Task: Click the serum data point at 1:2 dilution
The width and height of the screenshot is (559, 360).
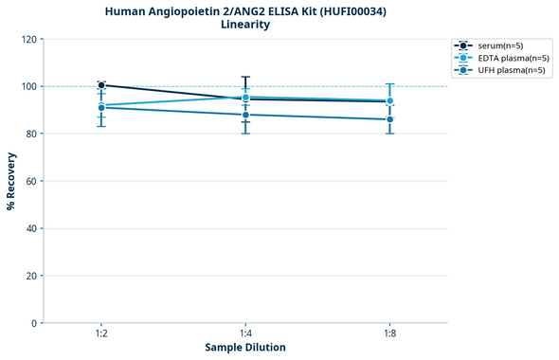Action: (x=101, y=85)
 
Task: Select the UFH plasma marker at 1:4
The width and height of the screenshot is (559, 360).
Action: (x=245, y=115)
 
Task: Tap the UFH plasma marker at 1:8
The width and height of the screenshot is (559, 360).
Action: (x=389, y=119)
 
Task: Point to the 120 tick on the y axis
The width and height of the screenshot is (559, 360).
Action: (x=28, y=39)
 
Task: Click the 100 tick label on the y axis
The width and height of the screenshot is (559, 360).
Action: (x=28, y=86)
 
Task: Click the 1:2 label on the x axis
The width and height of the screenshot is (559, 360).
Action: (x=101, y=334)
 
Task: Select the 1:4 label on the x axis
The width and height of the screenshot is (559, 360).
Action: (x=245, y=334)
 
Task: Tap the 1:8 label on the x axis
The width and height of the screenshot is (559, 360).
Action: (x=389, y=334)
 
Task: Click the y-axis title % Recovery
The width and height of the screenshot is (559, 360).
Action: (x=11, y=180)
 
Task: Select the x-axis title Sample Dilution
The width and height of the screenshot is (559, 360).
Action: (x=245, y=348)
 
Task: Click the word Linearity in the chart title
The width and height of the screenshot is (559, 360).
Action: (x=245, y=25)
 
